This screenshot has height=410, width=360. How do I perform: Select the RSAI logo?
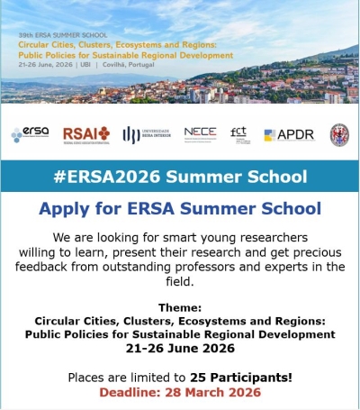tap(85, 134)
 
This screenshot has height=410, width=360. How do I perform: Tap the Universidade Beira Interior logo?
tap(146, 134)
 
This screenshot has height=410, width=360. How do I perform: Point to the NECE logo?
tap(200, 133)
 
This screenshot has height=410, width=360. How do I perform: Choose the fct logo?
tap(238, 133)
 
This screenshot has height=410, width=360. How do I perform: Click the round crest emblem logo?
tap(338, 134)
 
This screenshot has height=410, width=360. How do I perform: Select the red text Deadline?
tap(130, 393)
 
